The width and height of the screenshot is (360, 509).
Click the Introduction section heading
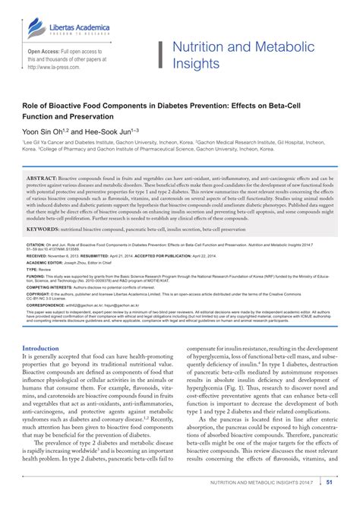click(x=46, y=348)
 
